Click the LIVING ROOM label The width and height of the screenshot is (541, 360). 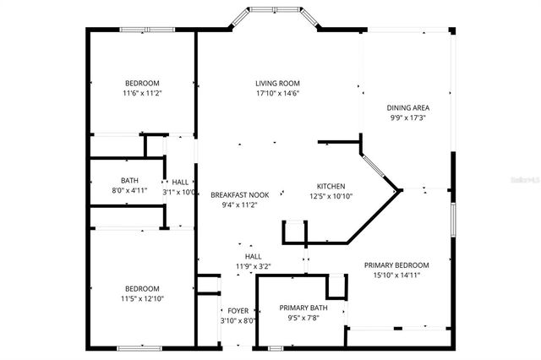pyautogui.click(x=278, y=83)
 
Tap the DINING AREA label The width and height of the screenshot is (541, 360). pyautogui.click(x=406, y=108)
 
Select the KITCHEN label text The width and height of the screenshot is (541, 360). pyautogui.click(x=331, y=186)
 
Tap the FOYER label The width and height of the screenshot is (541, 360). pyautogui.click(x=238, y=311)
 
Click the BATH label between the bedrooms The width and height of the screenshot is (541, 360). pyautogui.click(x=129, y=180)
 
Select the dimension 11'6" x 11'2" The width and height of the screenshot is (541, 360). pyautogui.click(x=143, y=93)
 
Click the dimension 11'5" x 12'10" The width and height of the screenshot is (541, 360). pyautogui.click(x=143, y=298)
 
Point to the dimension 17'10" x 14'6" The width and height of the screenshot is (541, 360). pyautogui.click(x=278, y=93)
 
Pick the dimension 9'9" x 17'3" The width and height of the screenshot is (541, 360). pyautogui.click(x=406, y=118)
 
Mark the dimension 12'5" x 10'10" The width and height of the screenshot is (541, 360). pyautogui.click(x=331, y=196)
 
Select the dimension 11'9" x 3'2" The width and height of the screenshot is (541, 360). pyautogui.click(x=253, y=266)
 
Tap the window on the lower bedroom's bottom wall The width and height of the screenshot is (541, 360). pyautogui.click(x=140, y=347)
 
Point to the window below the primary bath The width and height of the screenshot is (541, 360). pyautogui.click(x=275, y=347)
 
